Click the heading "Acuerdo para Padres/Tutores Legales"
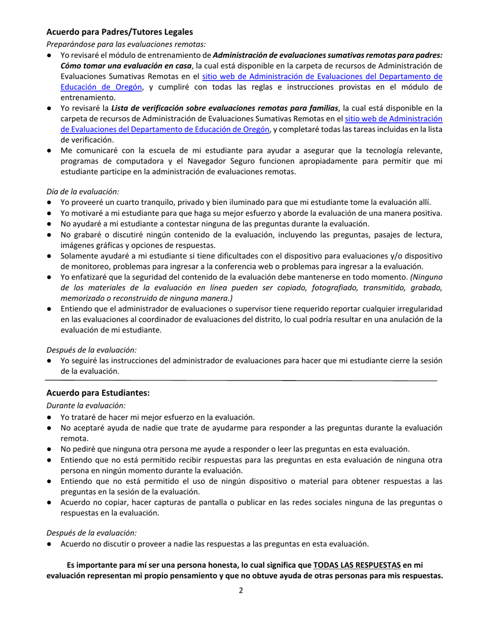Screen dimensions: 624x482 tap(120, 32)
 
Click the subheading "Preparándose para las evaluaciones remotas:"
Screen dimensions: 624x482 tap(126, 44)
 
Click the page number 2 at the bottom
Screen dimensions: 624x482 tap(242, 590)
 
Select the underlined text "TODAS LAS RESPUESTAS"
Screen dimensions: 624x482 tap(357, 565)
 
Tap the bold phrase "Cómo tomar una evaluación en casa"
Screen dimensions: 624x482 tap(126, 66)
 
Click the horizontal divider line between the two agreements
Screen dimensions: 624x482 tap(242, 380)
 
